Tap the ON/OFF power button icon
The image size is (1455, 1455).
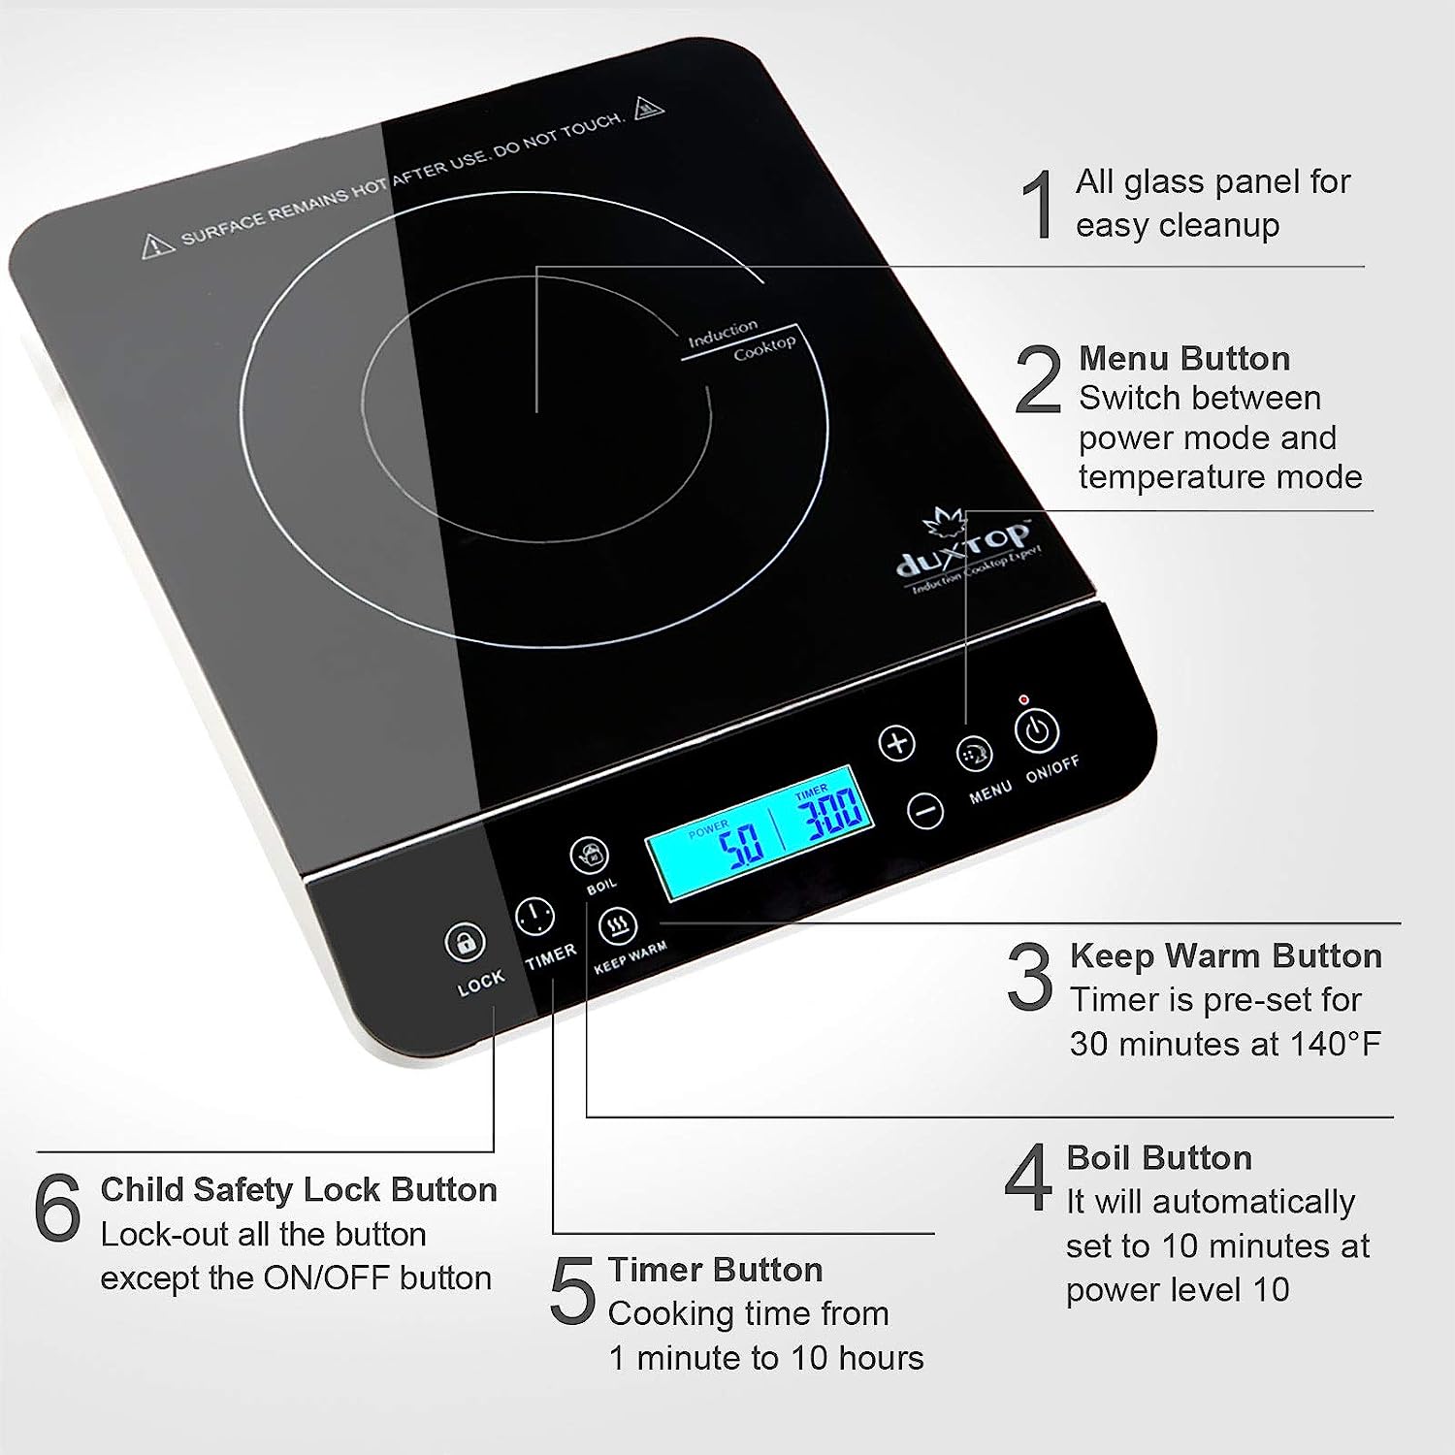[1036, 730]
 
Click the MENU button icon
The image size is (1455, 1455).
[974, 754]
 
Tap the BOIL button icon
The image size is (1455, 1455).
[589, 856]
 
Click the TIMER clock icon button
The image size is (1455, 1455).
[534, 916]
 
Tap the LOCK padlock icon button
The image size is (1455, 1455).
[465, 942]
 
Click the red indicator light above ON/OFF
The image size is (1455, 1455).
[1023, 699]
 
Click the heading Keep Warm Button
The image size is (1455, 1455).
[1226, 955]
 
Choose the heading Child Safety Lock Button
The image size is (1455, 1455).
[299, 1189]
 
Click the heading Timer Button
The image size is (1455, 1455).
[715, 1270]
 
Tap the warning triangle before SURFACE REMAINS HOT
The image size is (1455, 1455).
[158, 245]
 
